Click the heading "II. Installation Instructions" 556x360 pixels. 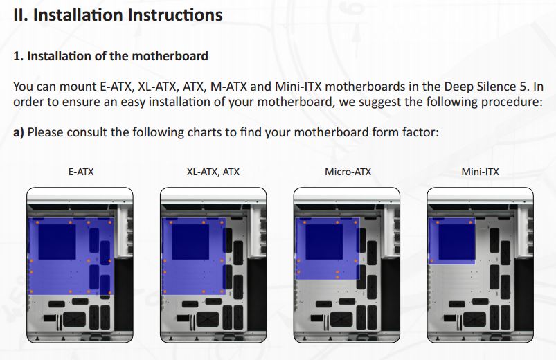coord(118,15)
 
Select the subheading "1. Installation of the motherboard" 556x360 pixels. coord(111,55)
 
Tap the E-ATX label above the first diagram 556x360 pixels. coord(81,171)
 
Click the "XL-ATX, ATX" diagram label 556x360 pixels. coord(213,171)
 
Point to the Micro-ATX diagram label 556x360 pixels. coord(348,171)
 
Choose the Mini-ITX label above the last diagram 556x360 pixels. coord(480,171)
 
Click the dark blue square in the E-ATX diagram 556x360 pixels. coord(57,241)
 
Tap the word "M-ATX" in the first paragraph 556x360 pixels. coord(231,87)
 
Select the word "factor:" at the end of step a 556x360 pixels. coord(419,132)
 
